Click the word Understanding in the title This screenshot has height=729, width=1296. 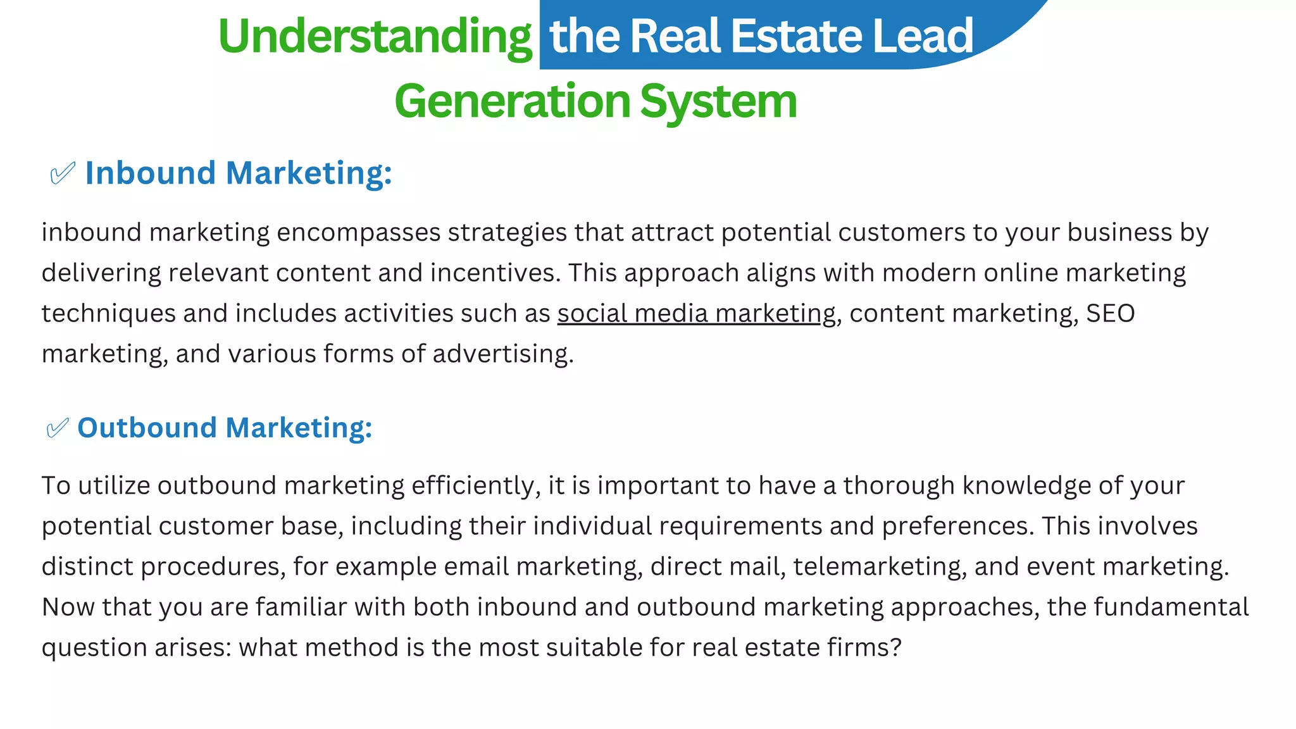click(375, 37)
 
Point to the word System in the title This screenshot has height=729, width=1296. click(718, 101)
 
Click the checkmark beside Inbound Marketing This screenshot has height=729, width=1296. click(63, 173)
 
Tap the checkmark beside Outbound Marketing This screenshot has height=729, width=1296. click(58, 428)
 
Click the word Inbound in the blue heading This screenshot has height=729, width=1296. click(151, 173)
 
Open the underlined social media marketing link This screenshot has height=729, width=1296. click(696, 313)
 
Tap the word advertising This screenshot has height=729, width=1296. click(502, 354)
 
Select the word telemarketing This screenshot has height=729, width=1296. click(880, 566)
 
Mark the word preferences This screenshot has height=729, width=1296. click(958, 526)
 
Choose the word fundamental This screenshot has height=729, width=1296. click(1171, 607)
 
